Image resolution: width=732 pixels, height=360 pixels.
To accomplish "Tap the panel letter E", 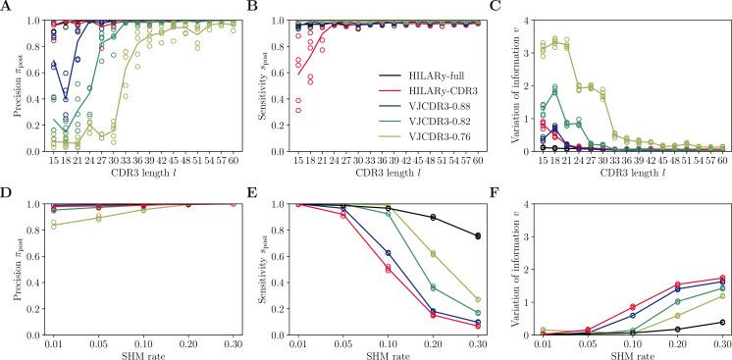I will pos(253,192).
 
